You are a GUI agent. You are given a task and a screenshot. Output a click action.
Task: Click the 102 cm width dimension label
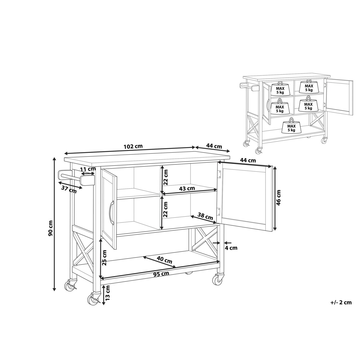point(133,146)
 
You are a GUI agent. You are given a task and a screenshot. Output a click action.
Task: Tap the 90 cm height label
point(50,231)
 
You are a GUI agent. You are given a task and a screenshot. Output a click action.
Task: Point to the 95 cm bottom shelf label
point(161,279)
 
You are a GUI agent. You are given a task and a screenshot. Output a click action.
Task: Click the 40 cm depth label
point(164,259)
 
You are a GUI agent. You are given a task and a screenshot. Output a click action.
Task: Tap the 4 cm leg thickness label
point(231,248)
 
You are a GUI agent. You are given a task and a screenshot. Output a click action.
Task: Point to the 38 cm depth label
point(205,217)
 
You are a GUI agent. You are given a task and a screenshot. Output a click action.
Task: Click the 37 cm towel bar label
point(69,190)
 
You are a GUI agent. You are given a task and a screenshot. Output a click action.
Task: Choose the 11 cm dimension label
point(88,169)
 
